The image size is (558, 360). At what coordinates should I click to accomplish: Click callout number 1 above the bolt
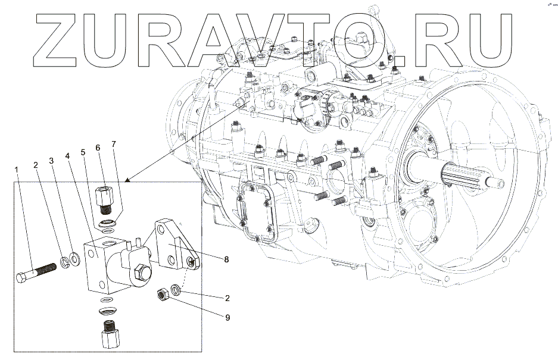click(17, 170)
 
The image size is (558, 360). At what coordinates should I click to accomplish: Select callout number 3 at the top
click(52, 161)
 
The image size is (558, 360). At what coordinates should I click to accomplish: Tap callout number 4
click(68, 156)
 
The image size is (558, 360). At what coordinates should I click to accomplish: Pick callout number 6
click(98, 148)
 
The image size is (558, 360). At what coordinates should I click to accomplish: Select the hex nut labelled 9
click(161, 295)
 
